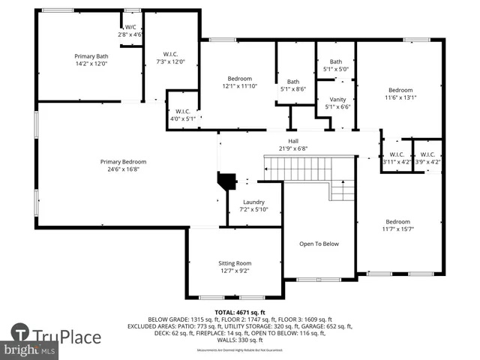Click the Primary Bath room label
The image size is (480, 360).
(90, 56)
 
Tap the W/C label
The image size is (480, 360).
(130, 27)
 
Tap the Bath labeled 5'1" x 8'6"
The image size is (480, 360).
(293, 82)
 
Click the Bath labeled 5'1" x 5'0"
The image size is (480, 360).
(336, 61)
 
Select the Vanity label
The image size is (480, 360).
(337, 99)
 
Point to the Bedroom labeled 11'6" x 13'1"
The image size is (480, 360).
(400, 89)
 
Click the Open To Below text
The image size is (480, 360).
(319, 244)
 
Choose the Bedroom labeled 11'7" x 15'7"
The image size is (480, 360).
(398, 221)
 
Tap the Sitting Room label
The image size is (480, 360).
(235, 263)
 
